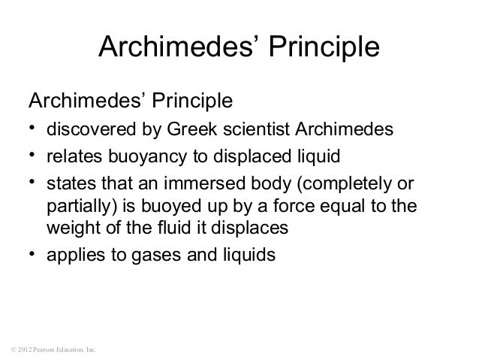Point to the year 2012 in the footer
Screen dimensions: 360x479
pos(23,350)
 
